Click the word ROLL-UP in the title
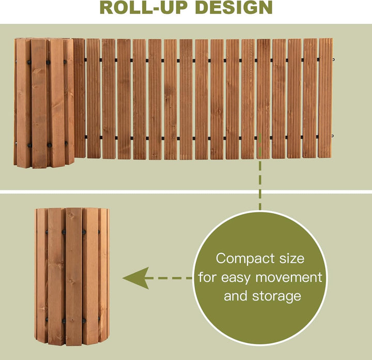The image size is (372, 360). coord(144,8)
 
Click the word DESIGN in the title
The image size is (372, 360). coord(234,8)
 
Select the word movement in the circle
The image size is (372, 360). coord(289,277)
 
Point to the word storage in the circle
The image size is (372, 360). coord(276,296)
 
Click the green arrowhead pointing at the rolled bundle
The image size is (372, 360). coord(136,278)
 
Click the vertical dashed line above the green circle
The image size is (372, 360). coord(260,171)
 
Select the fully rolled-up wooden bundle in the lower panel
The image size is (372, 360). coord(72,277)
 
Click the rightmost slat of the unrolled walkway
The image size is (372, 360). coord(325,98)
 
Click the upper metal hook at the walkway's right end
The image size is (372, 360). coord(333,59)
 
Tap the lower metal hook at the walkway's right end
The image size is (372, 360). coord(333,136)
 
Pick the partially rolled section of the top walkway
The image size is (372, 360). coord(44,103)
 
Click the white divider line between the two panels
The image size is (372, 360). coord(186,191)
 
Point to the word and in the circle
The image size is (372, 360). coord(236,296)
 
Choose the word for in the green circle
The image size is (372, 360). coord(207,277)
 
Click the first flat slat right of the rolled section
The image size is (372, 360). coord(79,98)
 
